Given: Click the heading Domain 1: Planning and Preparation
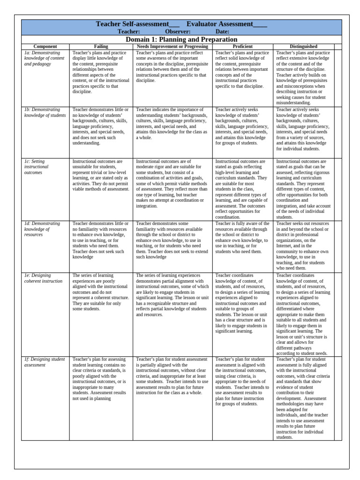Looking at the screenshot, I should [x=181, y=39].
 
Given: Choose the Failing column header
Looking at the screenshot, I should [x=101, y=46].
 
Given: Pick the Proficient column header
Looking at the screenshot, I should [x=242, y=46].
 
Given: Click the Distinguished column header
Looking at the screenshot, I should [x=303, y=46].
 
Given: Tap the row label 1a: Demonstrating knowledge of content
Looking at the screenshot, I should [x=44, y=58].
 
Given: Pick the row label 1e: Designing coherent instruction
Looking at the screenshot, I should [x=43, y=278].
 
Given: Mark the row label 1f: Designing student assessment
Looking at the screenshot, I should [x=44, y=362].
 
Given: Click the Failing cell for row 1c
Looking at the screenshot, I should [x=101, y=175].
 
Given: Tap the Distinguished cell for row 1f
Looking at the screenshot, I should [x=303, y=398].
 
